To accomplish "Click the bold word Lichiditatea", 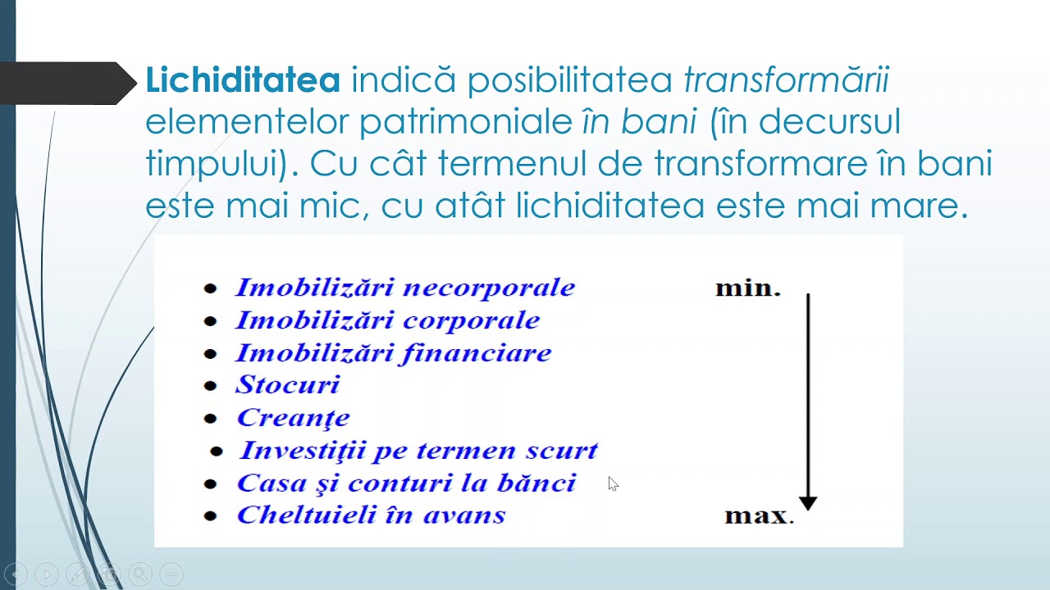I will click(x=243, y=80).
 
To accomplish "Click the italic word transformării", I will click(x=786, y=80).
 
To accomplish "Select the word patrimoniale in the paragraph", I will click(x=465, y=122).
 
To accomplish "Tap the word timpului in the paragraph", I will click(x=215, y=164).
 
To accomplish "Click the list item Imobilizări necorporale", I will click(x=404, y=288).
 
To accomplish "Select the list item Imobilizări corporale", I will click(x=387, y=320).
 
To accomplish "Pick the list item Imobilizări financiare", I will click(x=393, y=353).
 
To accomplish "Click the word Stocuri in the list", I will click(x=287, y=384).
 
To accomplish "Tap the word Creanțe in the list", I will click(x=293, y=418).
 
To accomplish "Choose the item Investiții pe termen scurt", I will click(x=418, y=451).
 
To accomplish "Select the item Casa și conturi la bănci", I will click(x=406, y=483).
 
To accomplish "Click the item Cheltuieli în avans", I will click(x=371, y=515).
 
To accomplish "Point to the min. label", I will click(x=747, y=288).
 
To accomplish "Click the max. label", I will click(x=759, y=516).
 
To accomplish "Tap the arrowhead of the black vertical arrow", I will click(x=808, y=502).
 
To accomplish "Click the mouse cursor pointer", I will click(x=613, y=483).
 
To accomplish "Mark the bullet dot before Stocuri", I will click(x=211, y=386).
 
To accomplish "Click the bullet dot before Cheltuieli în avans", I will click(x=211, y=516).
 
